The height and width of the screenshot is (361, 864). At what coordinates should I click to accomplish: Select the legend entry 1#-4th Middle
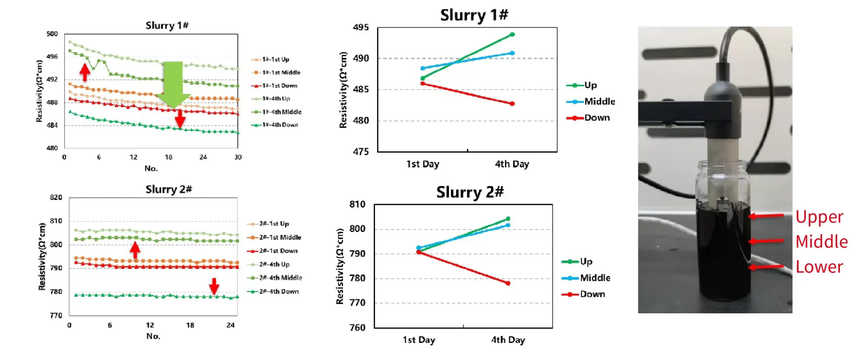pyautogui.click(x=281, y=112)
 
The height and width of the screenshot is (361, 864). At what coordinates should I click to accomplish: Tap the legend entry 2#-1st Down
pyautogui.click(x=278, y=251)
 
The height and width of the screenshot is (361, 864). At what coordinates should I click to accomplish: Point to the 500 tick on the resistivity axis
pyautogui.click(x=52, y=34)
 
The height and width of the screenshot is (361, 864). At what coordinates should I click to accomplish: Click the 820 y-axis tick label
pyautogui.click(x=56, y=197)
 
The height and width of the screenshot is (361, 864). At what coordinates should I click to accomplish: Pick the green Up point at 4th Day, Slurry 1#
pyautogui.click(x=512, y=35)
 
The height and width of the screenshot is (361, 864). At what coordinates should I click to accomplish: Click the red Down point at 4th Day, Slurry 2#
pyautogui.click(x=508, y=283)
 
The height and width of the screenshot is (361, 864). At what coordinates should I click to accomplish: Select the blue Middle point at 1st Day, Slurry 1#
pyautogui.click(x=423, y=68)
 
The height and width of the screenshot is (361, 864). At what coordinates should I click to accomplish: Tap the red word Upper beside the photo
pyautogui.click(x=819, y=217)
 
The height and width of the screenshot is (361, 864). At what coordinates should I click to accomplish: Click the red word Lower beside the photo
pyautogui.click(x=819, y=267)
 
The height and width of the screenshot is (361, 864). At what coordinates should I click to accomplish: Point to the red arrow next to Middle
pyautogui.click(x=766, y=241)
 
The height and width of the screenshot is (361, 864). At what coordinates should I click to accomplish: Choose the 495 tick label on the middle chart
pyautogui.click(x=361, y=28)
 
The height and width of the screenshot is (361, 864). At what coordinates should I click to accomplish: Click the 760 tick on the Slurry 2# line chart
pyautogui.click(x=357, y=328)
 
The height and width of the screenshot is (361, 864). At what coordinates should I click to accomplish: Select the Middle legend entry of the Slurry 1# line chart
pyautogui.click(x=599, y=102)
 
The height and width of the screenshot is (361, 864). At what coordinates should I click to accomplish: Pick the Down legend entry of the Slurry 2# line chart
pyautogui.click(x=592, y=294)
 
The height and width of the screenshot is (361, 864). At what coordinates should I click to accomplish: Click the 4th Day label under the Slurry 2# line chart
pyautogui.click(x=508, y=340)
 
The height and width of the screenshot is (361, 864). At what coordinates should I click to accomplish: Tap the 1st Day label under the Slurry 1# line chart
pyautogui.click(x=423, y=164)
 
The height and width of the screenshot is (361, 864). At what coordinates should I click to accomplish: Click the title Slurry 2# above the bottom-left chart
pyautogui.click(x=168, y=189)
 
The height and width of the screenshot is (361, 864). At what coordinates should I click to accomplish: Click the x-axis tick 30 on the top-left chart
pyautogui.click(x=238, y=157)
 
